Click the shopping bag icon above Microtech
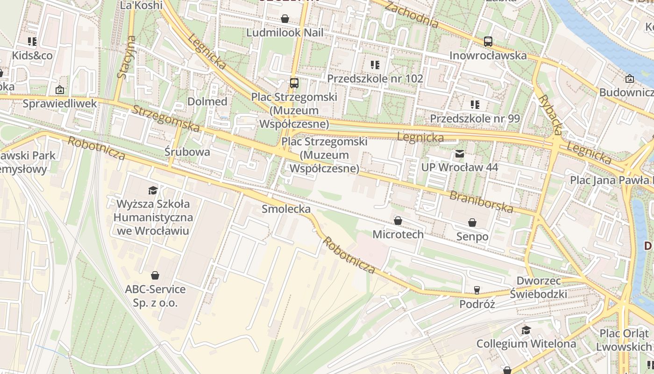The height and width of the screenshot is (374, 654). coord(398,221)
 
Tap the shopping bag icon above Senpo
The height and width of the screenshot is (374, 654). coord(472,223)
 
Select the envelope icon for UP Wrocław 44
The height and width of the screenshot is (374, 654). coord(460,154)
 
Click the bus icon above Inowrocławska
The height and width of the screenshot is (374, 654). coord(488,42)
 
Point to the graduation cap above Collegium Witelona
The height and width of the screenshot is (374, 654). coord(526,330)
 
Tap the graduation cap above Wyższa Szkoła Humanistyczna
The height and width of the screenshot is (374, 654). coord(153,190)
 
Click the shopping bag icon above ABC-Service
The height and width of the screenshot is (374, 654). coord(155,275)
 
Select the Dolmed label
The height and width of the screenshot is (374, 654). coord(207,101)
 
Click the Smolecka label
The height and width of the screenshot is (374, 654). coord(286,209)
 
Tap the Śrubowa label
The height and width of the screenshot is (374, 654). coord(187,152)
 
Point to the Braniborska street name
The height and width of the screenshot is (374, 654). coord(481,201)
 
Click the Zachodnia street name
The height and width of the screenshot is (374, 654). coord(412,14)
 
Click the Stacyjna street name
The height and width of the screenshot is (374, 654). coord(126,57)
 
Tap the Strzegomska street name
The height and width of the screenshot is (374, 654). coord(166,119)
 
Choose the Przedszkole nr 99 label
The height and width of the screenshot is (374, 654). coord(475,119)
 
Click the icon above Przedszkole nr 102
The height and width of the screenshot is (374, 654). coord(375,65)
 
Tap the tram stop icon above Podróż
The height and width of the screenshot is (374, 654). coord(476,290)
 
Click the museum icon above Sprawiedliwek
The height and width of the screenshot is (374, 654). coord(60,90)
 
